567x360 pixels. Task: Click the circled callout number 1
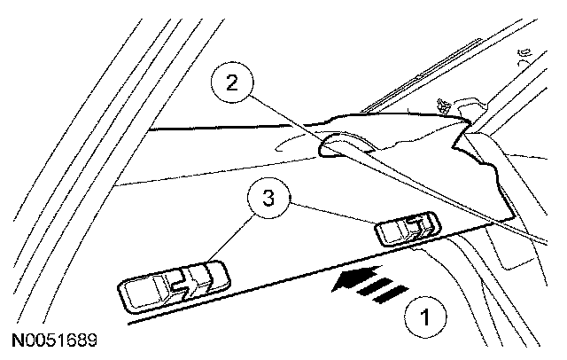[x=425, y=314]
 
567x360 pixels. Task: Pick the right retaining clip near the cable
[x=407, y=230]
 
